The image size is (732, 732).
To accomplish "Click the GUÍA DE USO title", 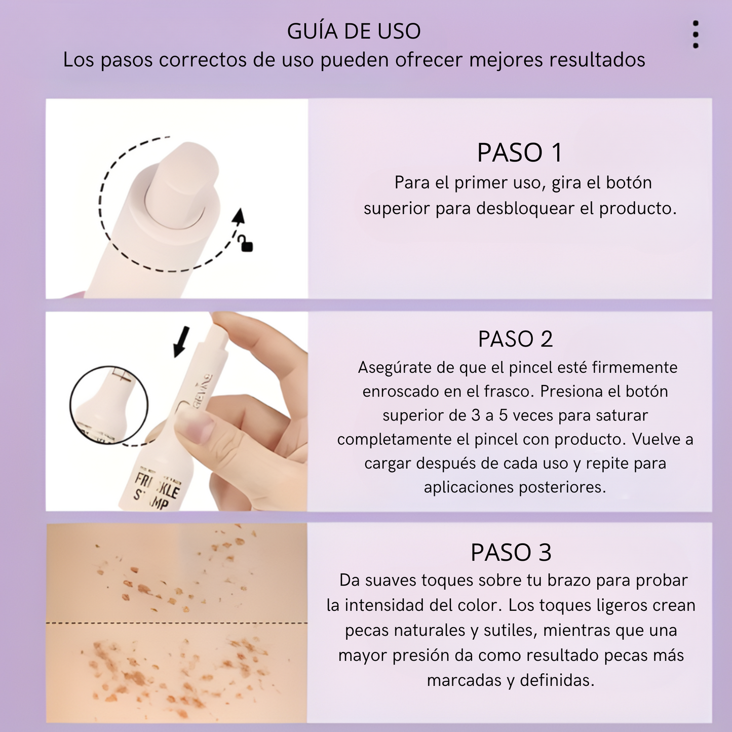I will pyautogui.click(x=354, y=31).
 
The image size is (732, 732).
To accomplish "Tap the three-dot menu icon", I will pyautogui.click(x=696, y=34).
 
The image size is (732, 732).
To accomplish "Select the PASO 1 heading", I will pyautogui.click(x=520, y=152).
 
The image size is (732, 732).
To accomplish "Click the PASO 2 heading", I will pyautogui.click(x=515, y=339).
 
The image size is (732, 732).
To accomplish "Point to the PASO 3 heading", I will pyautogui.click(x=511, y=552).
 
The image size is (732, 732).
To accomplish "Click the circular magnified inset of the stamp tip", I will pyautogui.click(x=109, y=405).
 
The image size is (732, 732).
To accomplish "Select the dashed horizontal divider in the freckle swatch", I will pyautogui.click(x=176, y=623).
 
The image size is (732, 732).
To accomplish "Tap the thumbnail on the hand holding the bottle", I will pyautogui.click(x=195, y=430).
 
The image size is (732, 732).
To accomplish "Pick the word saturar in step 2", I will pyautogui.click(x=622, y=415).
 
